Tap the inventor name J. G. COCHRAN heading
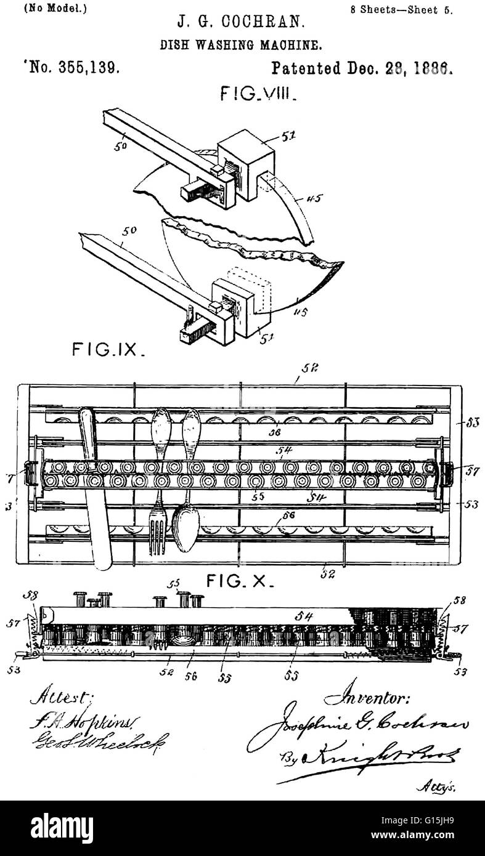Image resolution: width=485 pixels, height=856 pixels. click(x=241, y=23)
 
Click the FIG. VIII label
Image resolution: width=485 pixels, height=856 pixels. click(x=259, y=94)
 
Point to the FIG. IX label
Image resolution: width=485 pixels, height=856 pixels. click(x=108, y=350)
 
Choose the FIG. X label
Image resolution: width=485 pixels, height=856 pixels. click(x=240, y=580)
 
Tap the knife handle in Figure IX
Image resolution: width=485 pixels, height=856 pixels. click(x=88, y=431)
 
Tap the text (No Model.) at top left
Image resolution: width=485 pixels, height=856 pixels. click(x=46, y=8)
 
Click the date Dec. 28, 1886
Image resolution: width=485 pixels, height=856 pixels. click(x=394, y=67)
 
